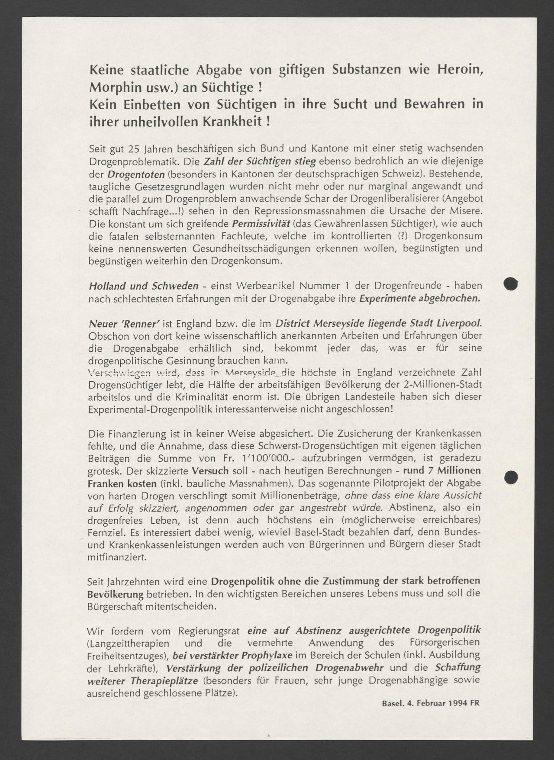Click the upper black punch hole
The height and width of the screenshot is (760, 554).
coord(511,284)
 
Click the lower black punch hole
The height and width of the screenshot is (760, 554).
coord(511,477)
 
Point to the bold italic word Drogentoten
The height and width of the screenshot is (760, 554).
coord(135,174)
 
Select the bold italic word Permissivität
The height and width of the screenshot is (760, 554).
coord(260,224)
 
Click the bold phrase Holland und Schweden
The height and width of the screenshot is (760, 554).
coord(144,286)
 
